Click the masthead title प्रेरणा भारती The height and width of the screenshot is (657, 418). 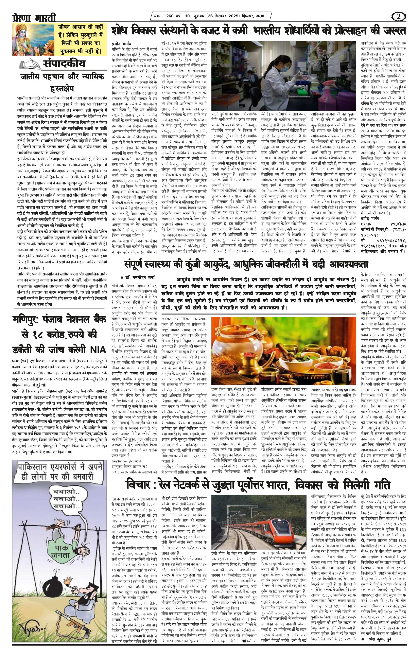pyautogui.click(x=34, y=18)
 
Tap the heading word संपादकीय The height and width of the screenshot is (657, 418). pyautogui.click(x=64, y=64)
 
